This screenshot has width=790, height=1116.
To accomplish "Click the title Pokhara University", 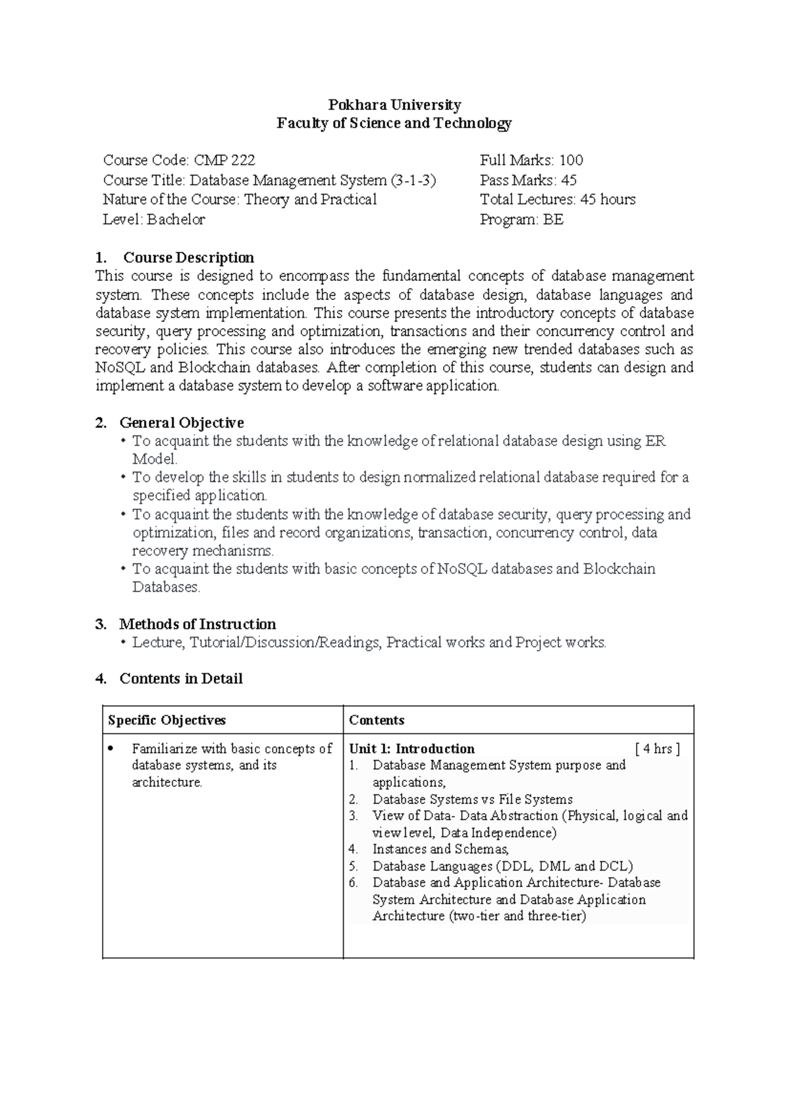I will point(394,105).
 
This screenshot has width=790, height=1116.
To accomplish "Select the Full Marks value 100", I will point(571,160).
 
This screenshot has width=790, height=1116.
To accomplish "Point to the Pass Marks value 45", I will point(568,180).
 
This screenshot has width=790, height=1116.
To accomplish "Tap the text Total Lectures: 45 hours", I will point(558,199).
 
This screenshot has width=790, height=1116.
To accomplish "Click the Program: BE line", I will point(521,220).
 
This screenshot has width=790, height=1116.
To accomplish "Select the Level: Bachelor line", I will point(154,220).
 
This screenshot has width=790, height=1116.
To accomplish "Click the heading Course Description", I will point(188,257).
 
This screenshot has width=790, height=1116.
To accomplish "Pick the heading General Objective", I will point(181,422).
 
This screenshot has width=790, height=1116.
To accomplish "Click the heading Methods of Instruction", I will point(197,624).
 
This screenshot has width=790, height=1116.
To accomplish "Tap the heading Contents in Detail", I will point(180,678).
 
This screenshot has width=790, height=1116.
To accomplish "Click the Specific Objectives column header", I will point(167,720).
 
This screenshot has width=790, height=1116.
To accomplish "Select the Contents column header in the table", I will point(377,720).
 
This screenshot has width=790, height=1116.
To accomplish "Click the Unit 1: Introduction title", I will point(411,749).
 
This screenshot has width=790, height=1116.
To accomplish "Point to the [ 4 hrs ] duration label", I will point(657,749).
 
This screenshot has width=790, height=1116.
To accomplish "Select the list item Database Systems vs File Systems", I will point(472,799).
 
